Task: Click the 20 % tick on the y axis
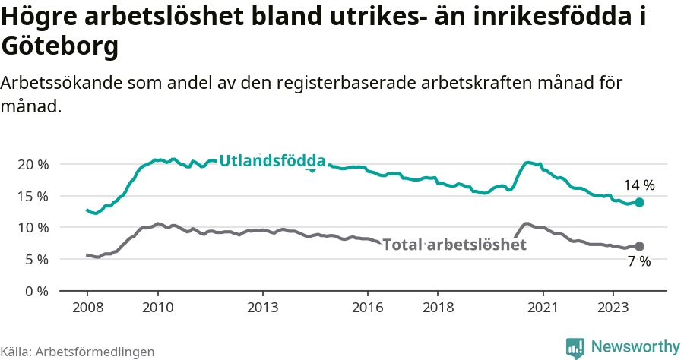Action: tap(32, 164)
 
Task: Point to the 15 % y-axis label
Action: tap(32, 196)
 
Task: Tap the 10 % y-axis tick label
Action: tap(32, 228)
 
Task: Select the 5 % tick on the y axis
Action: tap(36, 260)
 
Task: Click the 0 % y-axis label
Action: tap(36, 291)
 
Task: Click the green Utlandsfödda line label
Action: tap(272, 161)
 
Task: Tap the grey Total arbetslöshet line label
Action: tap(454, 245)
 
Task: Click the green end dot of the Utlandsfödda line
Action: tap(640, 203)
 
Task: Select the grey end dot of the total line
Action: tap(640, 246)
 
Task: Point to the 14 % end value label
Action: tap(639, 185)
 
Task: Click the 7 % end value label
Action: tap(639, 262)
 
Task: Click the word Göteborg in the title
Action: tap(60, 47)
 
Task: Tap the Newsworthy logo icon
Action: tap(575, 348)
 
